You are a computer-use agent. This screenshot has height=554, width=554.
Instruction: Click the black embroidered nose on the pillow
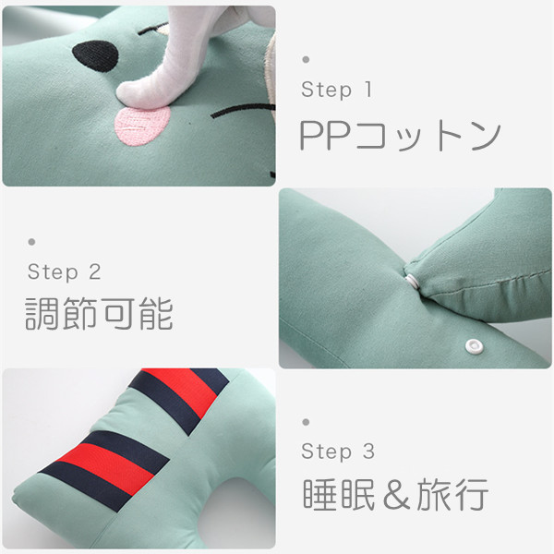(95, 55)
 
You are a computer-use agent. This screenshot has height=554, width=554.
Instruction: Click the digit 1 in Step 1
(368, 89)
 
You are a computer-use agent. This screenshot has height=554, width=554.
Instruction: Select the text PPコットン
(400, 136)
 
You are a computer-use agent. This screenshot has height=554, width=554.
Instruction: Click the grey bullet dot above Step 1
(306, 59)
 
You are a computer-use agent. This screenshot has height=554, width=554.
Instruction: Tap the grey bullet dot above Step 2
(31, 242)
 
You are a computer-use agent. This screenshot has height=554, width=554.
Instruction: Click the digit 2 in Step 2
(95, 272)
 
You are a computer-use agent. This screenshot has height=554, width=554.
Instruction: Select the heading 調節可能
(100, 314)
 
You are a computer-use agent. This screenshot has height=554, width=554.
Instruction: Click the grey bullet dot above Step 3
(306, 422)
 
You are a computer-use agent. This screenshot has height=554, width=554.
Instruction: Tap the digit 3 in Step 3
(368, 452)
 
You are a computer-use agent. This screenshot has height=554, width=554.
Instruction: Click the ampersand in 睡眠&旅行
(396, 495)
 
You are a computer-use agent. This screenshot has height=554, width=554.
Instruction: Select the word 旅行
(452, 495)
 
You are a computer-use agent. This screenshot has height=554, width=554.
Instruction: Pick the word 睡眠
(339, 495)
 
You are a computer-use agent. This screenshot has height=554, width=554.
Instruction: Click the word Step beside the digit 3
(327, 452)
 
